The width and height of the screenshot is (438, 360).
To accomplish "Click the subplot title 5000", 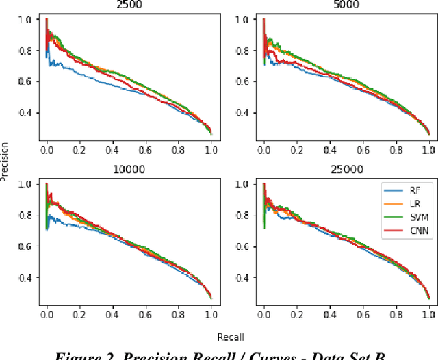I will coord(346,4).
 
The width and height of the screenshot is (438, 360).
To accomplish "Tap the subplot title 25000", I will coord(346,169).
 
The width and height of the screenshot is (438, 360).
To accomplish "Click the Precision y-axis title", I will coord(5,161).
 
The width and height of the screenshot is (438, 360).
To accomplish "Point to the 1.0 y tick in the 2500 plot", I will coord(25,20).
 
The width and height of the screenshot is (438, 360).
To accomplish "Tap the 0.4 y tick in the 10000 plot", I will coord(25,278).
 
